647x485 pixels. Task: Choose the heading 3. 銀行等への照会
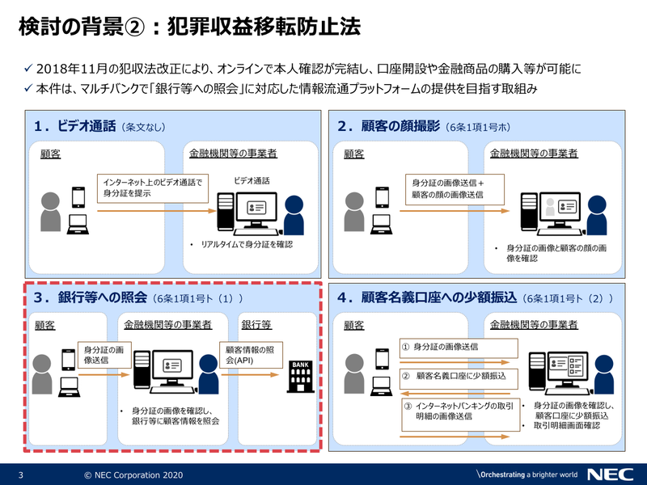(x=89, y=297)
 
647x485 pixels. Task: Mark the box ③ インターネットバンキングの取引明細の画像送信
(x=459, y=411)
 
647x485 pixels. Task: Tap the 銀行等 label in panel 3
(x=256, y=325)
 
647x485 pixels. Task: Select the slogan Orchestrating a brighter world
(x=526, y=474)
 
